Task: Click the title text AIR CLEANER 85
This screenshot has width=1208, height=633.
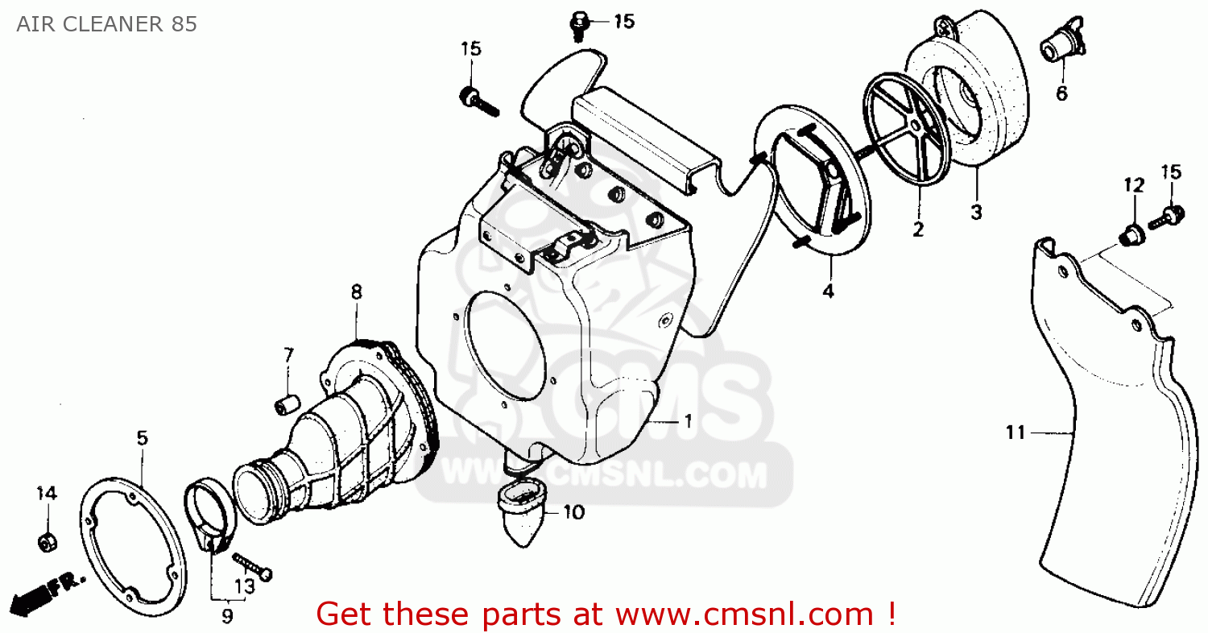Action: coord(105,24)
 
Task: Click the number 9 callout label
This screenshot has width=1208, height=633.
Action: coord(227,616)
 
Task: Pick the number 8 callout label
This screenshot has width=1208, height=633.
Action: coord(355,292)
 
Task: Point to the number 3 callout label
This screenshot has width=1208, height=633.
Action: coord(976,213)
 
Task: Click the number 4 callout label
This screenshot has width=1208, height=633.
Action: coord(828,291)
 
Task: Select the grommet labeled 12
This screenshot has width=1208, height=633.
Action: coord(1131,234)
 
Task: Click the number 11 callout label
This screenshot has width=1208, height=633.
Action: coord(1016,433)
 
